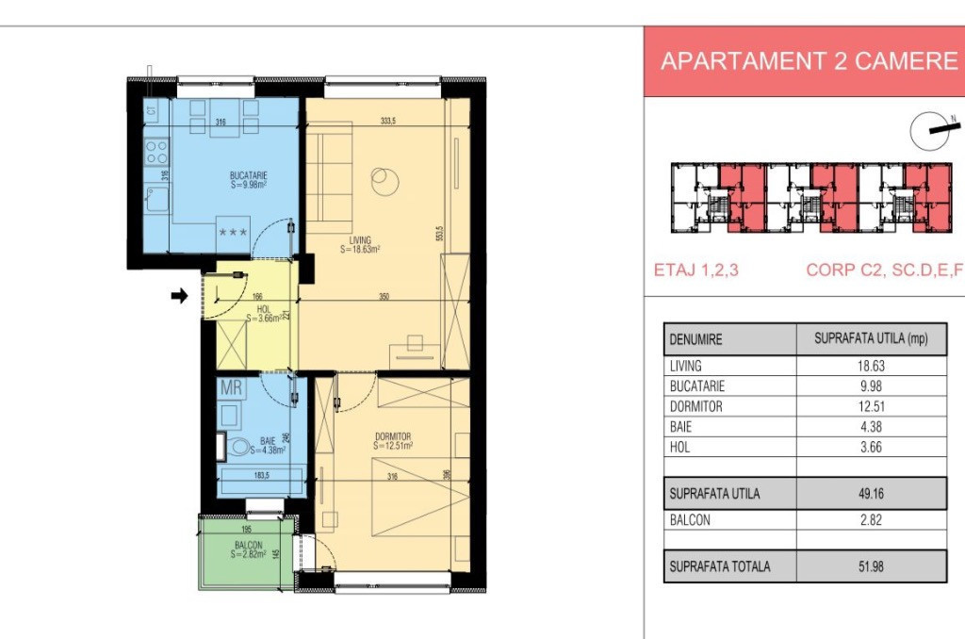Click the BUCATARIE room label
pyautogui.click(x=249, y=175)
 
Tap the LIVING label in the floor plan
pyautogui.click(x=359, y=239)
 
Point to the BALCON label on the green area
pyautogui.click(x=249, y=546)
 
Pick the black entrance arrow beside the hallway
pyautogui.click(x=178, y=296)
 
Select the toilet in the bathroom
pyautogui.click(x=239, y=448)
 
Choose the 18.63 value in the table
pyautogui.click(x=871, y=366)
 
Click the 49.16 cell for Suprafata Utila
pyautogui.click(x=871, y=493)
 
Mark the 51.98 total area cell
pyautogui.click(x=871, y=566)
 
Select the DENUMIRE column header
pyautogui.click(x=695, y=339)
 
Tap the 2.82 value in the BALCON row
pyautogui.click(x=871, y=519)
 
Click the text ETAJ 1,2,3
pyautogui.click(x=696, y=270)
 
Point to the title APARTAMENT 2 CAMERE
pyautogui.click(x=809, y=61)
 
